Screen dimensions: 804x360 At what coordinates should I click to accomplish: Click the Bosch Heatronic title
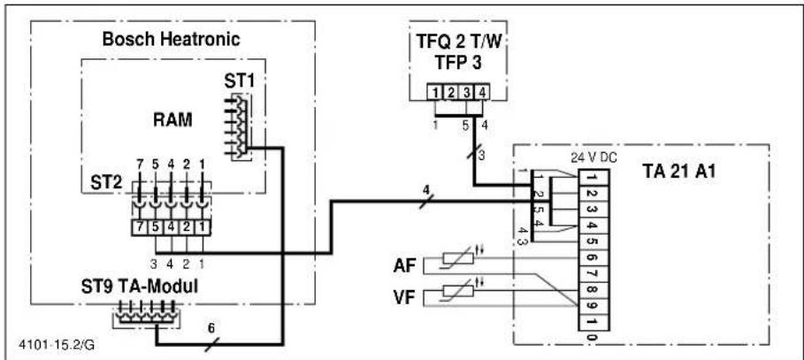[172, 40]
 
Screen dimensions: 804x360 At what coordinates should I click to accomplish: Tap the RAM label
[172, 120]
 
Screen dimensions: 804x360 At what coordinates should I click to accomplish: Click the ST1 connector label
[238, 82]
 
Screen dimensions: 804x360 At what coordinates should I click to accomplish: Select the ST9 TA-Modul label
[140, 287]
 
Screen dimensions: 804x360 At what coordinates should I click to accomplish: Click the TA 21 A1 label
[679, 172]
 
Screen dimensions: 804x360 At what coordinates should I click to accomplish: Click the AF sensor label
[404, 266]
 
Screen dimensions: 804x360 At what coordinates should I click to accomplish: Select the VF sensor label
[404, 298]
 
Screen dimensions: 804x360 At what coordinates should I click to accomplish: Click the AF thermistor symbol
[457, 258]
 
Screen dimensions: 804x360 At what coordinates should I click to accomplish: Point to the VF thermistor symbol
[457, 291]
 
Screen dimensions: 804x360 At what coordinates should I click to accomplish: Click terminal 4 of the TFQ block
[481, 94]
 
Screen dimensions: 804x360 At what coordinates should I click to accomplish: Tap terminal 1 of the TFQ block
[435, 94]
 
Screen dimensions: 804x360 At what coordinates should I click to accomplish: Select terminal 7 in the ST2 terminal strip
[140, 226]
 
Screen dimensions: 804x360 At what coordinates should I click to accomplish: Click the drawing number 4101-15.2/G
[57, 345]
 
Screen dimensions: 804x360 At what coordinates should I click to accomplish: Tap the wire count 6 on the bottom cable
[211, 327]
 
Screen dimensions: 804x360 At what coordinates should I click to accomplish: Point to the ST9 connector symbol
[144, 314]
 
